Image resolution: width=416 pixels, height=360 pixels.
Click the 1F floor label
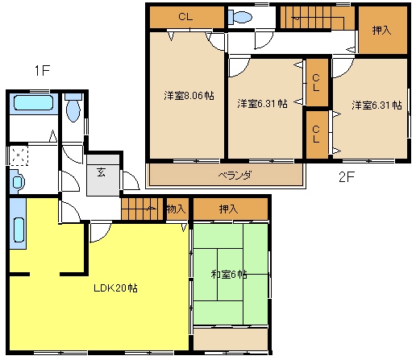pos(42,71)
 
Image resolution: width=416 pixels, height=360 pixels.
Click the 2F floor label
pos(347,176)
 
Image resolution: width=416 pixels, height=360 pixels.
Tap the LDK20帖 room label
pos(115,288)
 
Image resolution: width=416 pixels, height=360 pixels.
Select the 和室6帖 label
pos(229,275)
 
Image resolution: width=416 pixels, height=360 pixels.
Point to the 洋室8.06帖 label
pos(189,96)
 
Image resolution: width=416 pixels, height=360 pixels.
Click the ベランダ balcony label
pos(235,176)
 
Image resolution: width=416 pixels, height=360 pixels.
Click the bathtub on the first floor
pos(33,102)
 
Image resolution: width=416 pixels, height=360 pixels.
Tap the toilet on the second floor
pos(239,18)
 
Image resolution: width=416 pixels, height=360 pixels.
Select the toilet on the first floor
pos(73,108)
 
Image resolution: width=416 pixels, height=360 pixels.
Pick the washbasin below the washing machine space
pos(17,182)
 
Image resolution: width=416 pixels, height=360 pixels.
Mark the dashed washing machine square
pos(19,155)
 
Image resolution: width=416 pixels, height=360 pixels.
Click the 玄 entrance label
pos(102,172)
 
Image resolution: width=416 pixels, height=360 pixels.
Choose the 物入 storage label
pos(176,209)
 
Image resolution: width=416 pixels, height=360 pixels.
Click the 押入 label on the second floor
pos(381,30)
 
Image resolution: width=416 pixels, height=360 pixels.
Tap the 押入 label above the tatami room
pos(228,209)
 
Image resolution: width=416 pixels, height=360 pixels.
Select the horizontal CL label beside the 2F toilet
pos(185,17)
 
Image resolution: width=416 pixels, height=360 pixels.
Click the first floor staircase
pos(143,209)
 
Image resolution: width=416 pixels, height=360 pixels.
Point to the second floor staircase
pos(318,18)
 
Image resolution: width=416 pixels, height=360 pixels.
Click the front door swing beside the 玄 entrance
pos(131,180)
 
